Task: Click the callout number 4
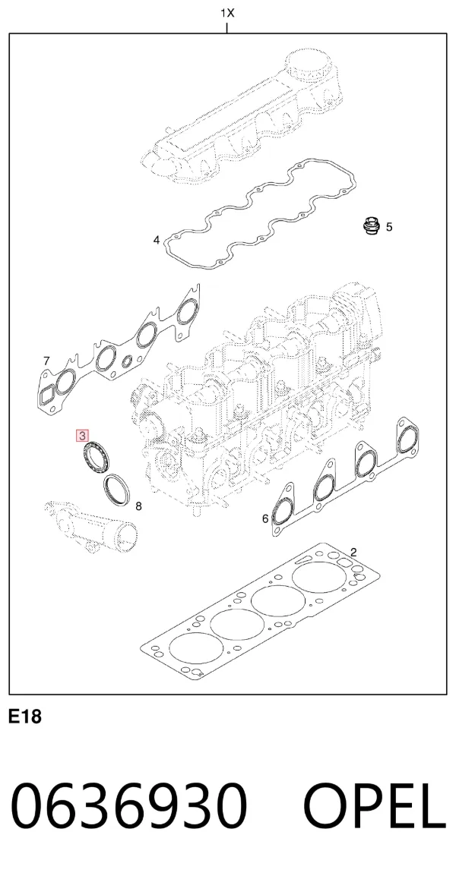(157, 241)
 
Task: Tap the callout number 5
(389, 227)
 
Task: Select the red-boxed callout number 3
(83, 436)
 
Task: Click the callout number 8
(139, 507)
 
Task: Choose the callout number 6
(266, 519)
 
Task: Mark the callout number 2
(353, 552)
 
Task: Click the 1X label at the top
(227, 13)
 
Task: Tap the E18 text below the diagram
(25, 716)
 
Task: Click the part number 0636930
(129, 806)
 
